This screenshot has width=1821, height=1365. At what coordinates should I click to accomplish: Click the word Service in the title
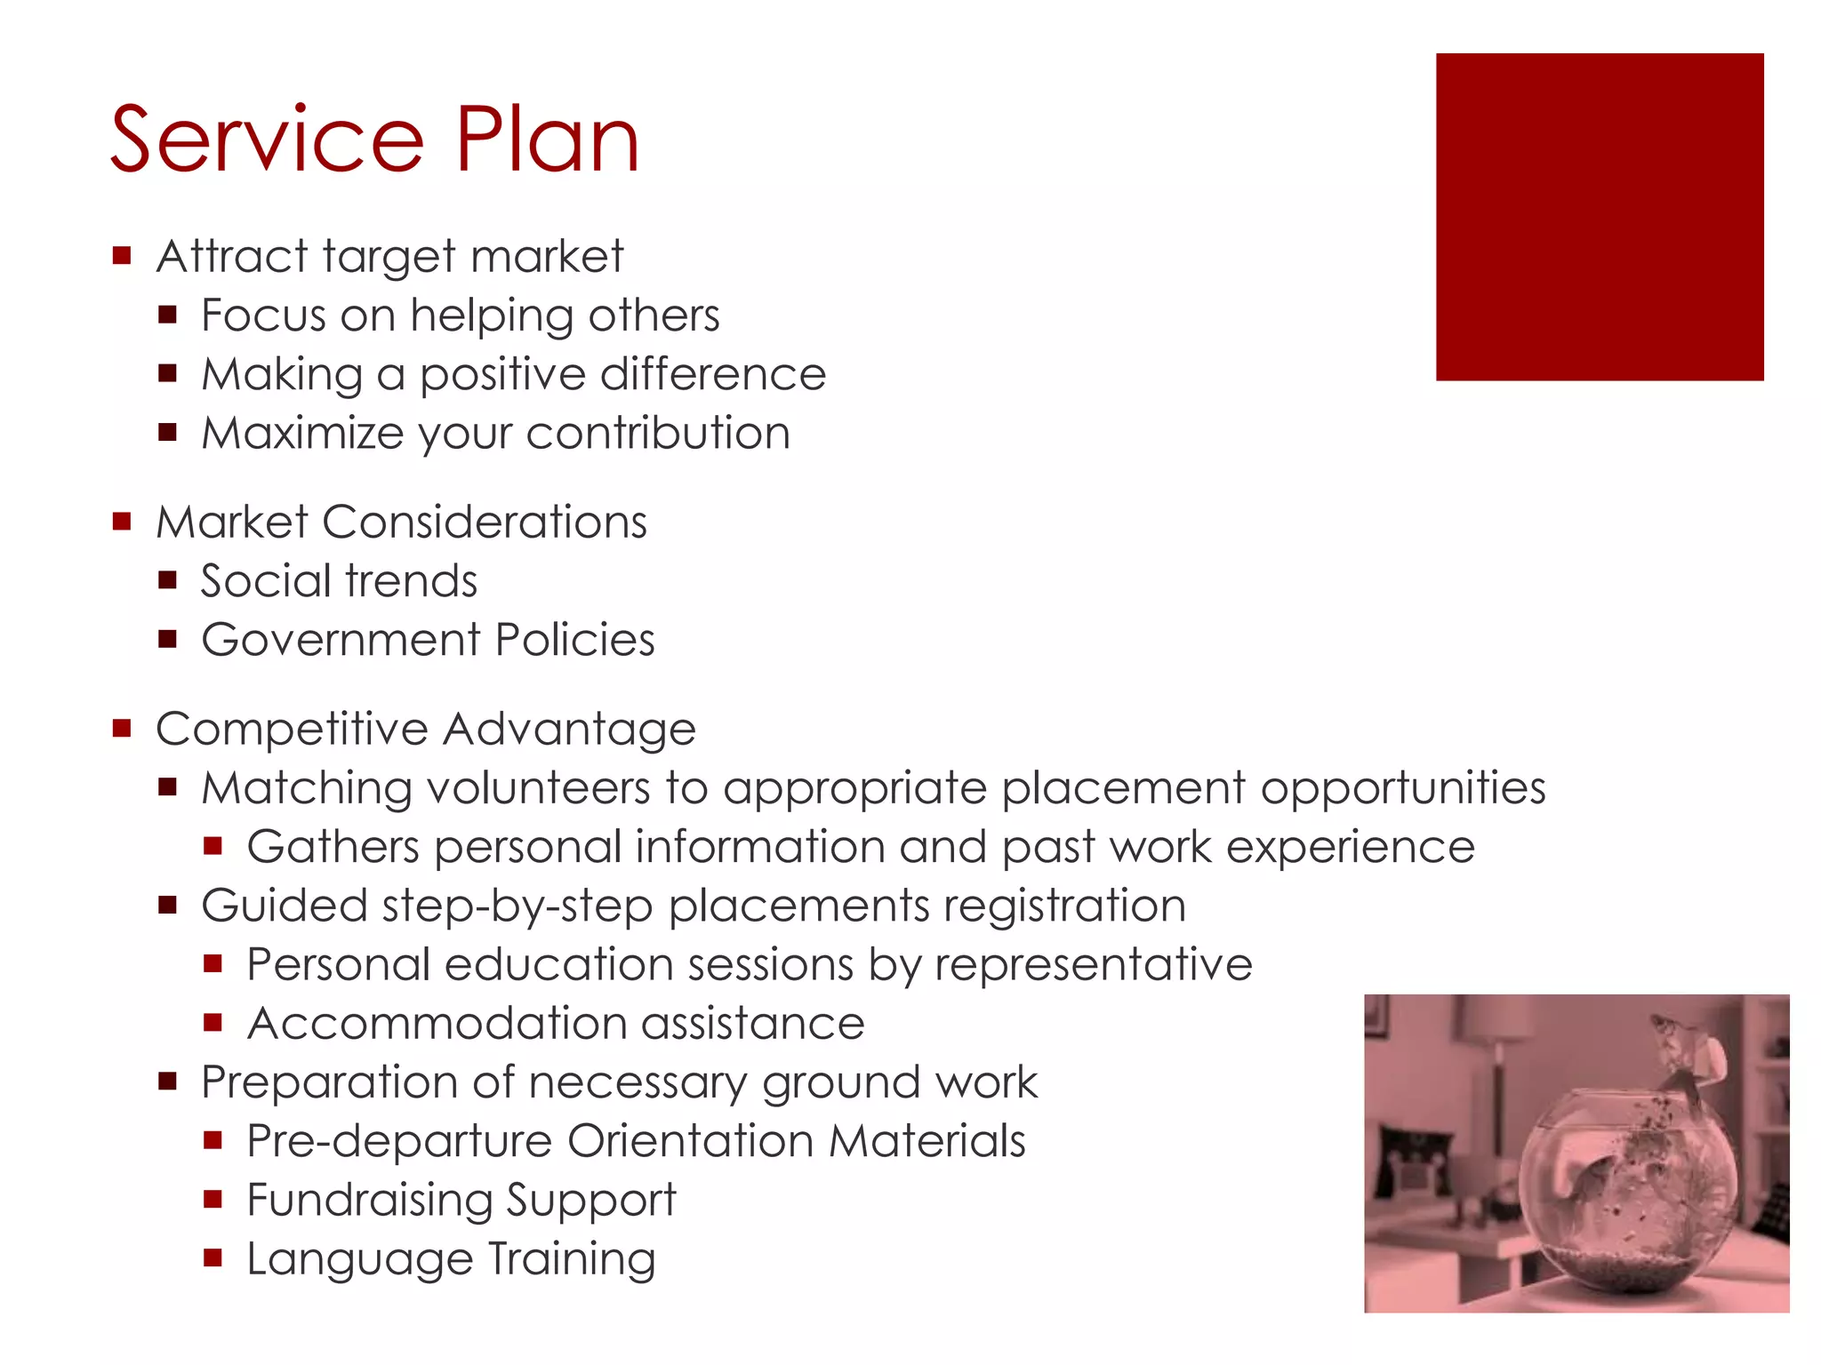(x=267, y=140)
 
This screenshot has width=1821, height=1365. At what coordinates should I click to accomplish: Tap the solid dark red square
(x=1599, y=217)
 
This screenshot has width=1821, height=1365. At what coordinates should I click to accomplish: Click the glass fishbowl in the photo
(x=1627, y=1191)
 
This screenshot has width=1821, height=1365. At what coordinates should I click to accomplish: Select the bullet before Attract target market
(x=122, y=257)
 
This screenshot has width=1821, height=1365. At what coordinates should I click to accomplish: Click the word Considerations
(x=485, y=522)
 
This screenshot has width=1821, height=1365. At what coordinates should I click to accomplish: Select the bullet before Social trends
(x=167, y=581)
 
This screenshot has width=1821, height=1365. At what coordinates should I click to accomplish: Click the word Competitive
(x=292, y=730)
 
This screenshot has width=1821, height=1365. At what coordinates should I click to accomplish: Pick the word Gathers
(x=333, y=847)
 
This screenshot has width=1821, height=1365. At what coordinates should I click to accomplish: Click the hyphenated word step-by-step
(x=517, y=906)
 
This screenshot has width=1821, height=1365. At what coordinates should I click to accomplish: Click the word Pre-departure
(x=399, y=1141)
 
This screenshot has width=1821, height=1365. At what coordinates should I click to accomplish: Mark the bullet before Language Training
(x=212, y=1257)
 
